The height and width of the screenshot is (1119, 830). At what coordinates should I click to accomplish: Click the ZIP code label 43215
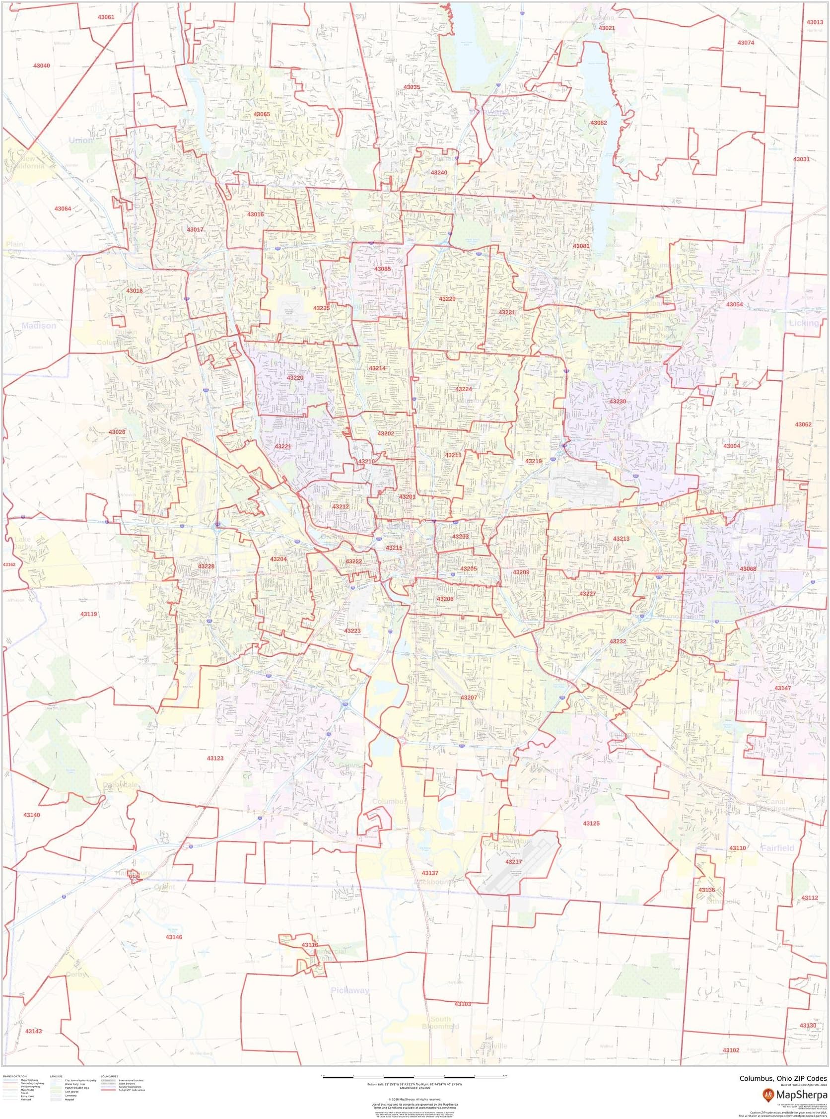click(394, 547)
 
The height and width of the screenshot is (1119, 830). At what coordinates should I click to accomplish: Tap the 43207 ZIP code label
click(469, 698)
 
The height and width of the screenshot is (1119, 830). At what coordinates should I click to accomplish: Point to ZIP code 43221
click(283, 446)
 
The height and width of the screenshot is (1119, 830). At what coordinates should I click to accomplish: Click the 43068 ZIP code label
click(748, 568)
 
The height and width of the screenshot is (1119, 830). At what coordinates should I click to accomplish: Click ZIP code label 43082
click(598, 123)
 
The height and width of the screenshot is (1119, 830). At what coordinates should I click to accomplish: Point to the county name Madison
click(39, 326)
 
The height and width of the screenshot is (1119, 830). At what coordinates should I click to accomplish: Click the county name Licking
click(803, 323)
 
